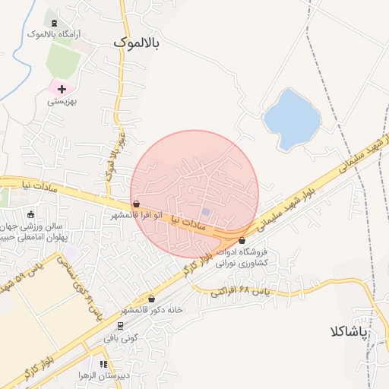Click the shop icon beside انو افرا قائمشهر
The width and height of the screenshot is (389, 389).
click(136, 204)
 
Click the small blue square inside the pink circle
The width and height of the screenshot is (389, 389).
click(205, 212)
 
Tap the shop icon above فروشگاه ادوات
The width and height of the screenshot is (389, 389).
click(242, 241)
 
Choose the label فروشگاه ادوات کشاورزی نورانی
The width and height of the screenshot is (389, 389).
click(244, 258)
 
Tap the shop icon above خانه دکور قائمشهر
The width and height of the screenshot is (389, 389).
click(152, 299)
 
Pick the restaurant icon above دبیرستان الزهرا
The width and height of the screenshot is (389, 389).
click(103, 365)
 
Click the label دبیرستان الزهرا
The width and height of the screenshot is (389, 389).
click(102, 376)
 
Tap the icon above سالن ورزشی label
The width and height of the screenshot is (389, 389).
click(30, 214)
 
